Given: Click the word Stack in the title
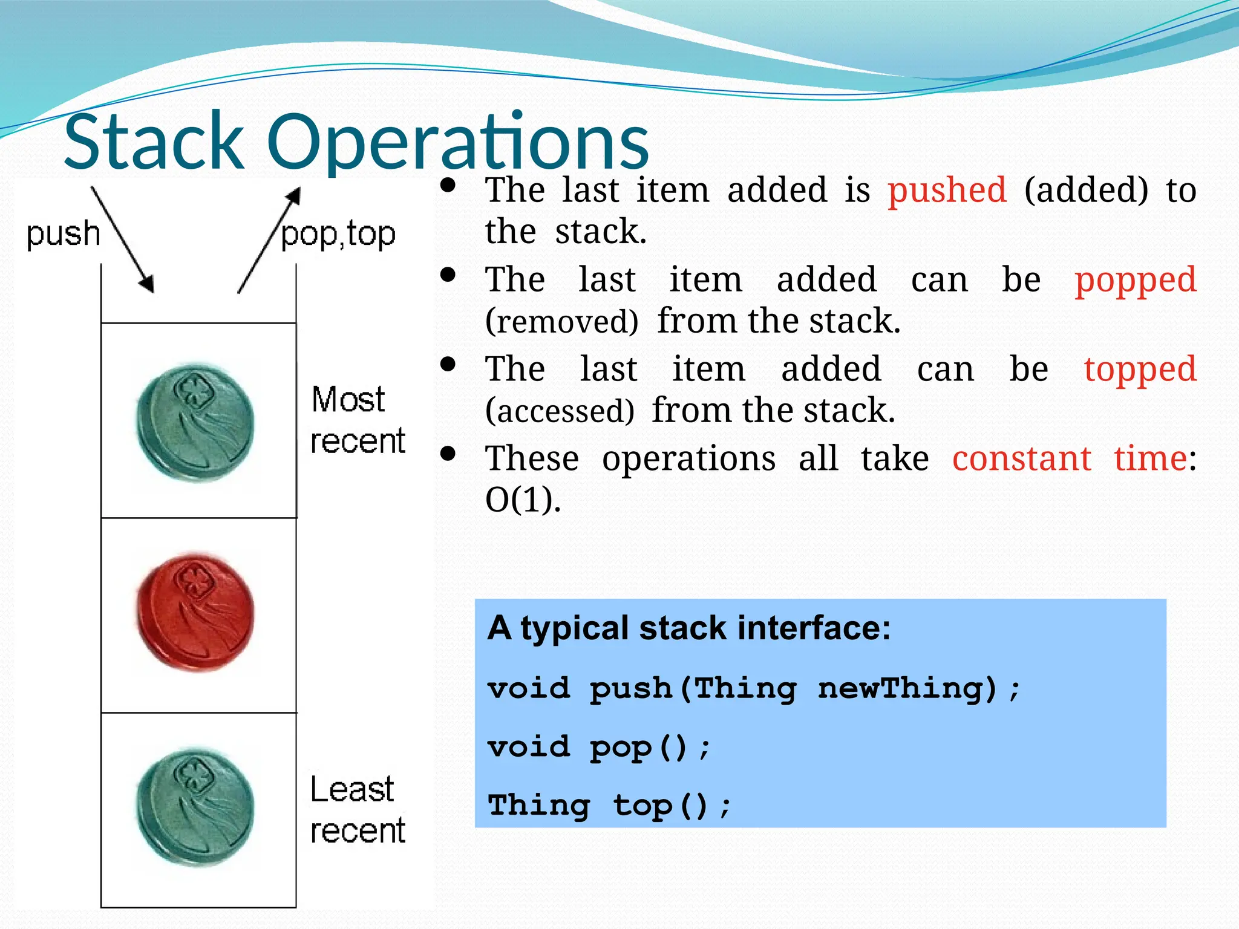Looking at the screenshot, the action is point(154,142).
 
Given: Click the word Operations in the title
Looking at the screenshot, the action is point(457,142).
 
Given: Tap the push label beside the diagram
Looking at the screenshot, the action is point(63,234).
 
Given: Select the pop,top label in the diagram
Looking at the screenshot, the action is point(338,235).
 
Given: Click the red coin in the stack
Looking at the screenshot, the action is point(195,612).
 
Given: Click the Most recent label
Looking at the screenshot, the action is point(357,420).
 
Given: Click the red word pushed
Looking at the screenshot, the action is point(947,191).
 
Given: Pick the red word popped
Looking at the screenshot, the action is point(1135,281).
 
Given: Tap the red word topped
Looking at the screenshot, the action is point(1140,370).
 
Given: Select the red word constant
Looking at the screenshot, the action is point(1022,458).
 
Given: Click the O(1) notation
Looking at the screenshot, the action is point(523,500).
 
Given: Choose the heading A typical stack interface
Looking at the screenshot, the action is point(689,628).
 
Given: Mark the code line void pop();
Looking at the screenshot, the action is point(599,747).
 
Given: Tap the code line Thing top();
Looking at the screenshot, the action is point(609,806).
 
